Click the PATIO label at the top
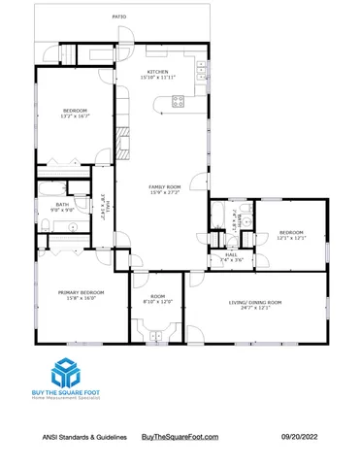(119, 17)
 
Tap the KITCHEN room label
(158, 72)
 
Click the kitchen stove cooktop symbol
(179, 101)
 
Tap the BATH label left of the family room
(62, 204)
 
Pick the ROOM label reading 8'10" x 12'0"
(157, 297)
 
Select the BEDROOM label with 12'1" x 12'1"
(291, 232)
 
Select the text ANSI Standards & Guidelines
(82, 439)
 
